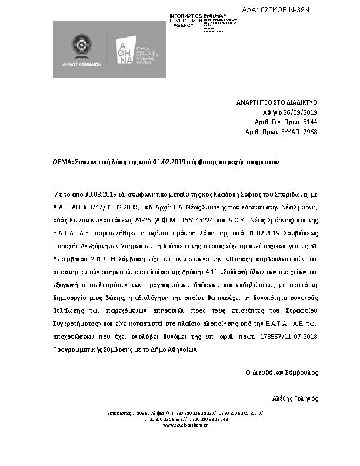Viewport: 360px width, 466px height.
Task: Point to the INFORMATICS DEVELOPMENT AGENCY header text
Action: coord(185,21)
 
